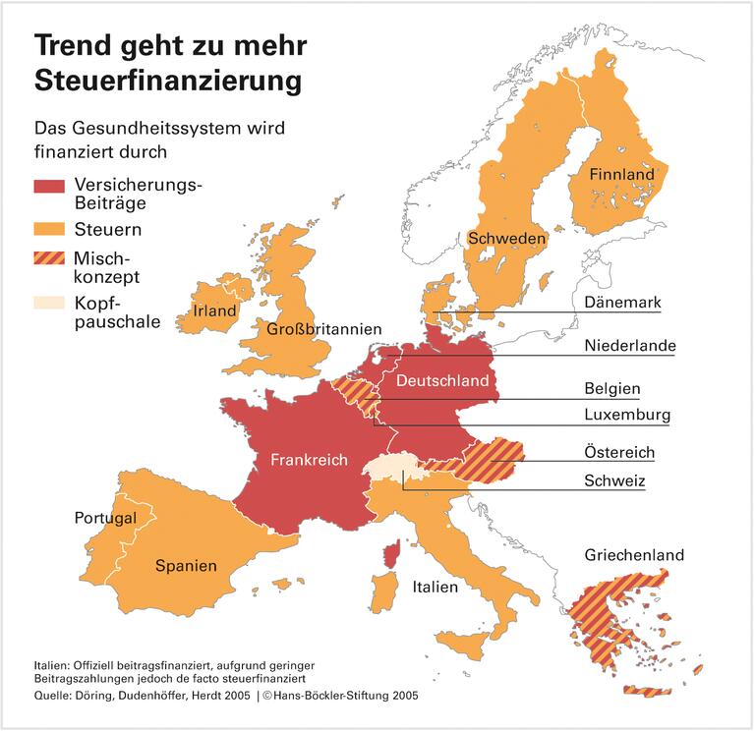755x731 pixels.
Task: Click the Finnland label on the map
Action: click(621, 175)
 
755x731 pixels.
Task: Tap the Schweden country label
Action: click(507, 238)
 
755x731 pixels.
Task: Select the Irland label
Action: click(215, 311)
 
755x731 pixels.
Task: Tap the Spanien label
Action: click(186, 566)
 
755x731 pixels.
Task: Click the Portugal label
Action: click(105, 518)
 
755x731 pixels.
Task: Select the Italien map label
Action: click(435, 588)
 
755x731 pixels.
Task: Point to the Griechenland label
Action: click(634, 555)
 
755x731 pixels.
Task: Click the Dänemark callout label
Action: click(622, 303)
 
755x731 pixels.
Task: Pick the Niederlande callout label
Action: click(630, 346)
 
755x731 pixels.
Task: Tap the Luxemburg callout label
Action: click(627, 415)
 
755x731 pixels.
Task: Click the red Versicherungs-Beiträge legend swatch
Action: click(49, 186)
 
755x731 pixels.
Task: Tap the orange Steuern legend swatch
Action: click(49, 230)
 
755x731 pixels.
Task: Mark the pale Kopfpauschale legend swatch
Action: click(49, 304)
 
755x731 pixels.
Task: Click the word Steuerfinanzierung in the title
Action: click(168, 81)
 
